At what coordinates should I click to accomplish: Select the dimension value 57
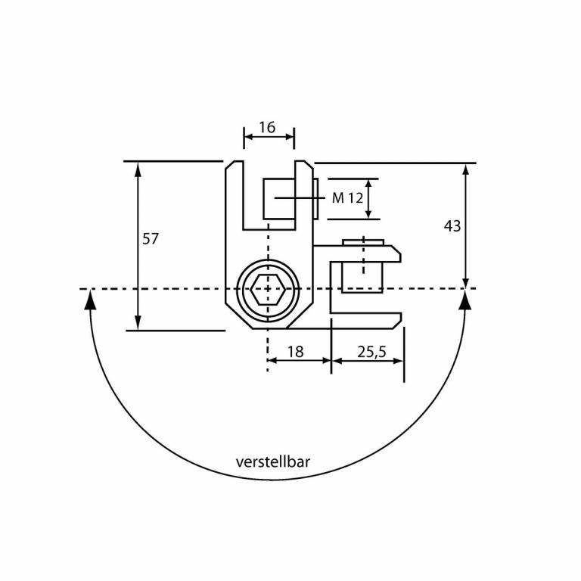pos(151,239)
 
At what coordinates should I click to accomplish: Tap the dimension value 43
pos(452,226)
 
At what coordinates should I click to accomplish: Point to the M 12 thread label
pos(348,198)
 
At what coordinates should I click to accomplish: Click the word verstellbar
pos(273,461)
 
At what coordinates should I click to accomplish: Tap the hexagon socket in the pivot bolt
pos(267,289)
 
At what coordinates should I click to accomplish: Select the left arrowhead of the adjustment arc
pos(91,300)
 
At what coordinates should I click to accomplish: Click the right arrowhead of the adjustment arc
pos(465,300)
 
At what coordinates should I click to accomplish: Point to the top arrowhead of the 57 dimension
pos(138,169)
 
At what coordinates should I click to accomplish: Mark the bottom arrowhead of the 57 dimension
pos(138,323)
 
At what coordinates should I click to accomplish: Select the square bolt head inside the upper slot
pos(278,198)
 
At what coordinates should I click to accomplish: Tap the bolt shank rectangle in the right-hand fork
pos(362,277)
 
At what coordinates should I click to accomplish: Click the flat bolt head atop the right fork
pos(363,242)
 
